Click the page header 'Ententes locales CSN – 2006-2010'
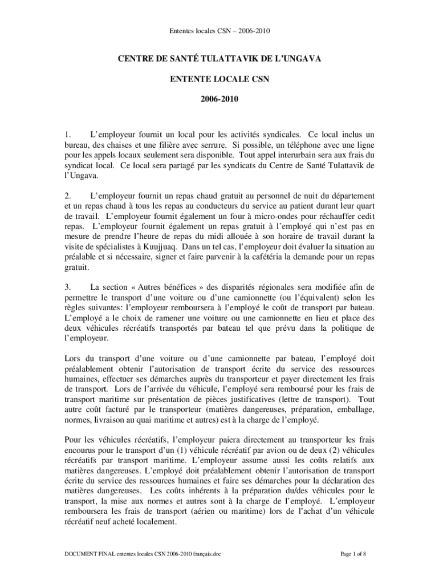[219, 30]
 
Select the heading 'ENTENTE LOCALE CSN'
[219, 79]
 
